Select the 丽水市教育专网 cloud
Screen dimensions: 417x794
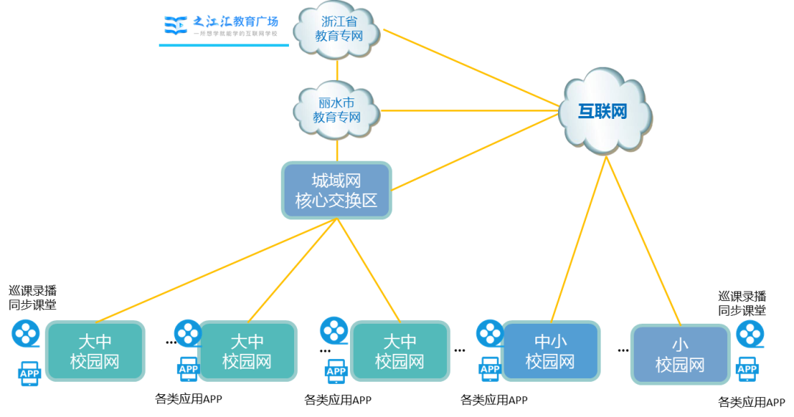pyautogui.click(x=337, y=110)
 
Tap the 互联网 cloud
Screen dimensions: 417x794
pyautogui.click(x=604, y=112)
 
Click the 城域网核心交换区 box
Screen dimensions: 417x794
pyautogui.click(x=337, y=191)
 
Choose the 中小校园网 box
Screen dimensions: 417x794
pyautogui.click(x=550, y=352)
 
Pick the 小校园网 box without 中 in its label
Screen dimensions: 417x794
pyautogui.click(x=680, y=355)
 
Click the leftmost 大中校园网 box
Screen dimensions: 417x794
pyautogui.click(x=95, y=352)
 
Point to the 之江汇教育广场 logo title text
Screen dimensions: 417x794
pyautogui.click(x=235, y=21)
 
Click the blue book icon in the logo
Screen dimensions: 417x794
pyautogui.click(x=175, y=26)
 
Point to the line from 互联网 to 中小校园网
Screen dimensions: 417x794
pyautogui.click(x=579, y=238)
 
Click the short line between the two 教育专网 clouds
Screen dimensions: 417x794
pyautogui.click(x=337, y=71)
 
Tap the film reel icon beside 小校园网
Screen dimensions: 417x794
pyautogui.click(x=749, y=334)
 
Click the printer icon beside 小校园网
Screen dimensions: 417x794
pyautogui.click(x=746, y=369)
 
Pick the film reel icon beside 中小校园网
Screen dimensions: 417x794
pyautogui.click(x=490, y=333)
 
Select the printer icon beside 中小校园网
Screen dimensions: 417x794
pyautogui.click(x=490, y=369)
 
